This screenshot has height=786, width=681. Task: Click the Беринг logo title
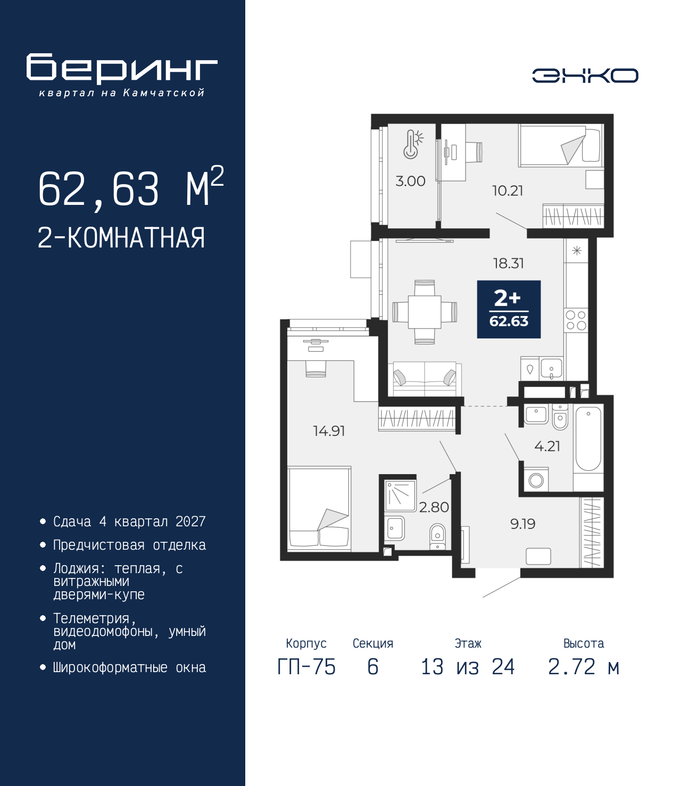[x=122, y=69]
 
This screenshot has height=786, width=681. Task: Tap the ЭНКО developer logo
[x=585, y=75]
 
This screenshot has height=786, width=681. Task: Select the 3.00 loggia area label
[x=410, y=181]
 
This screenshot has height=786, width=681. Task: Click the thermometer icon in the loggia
[x=413, y=144]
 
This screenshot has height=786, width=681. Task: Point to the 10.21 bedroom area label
[x=508, y=191]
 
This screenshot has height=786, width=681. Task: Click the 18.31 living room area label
[x=509, y=263]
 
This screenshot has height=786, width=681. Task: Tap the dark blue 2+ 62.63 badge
[x=509, y=309]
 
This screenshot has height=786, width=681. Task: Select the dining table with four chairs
[x=425, y=312]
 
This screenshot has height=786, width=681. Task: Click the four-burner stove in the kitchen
[x=576, y=320]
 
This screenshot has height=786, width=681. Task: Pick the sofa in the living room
[x=425, y=379]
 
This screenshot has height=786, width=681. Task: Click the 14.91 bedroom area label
[x=329, y=431]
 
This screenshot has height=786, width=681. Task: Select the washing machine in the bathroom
[x=536, y=479]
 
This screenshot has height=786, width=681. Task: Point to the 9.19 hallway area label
[x=523, y=524]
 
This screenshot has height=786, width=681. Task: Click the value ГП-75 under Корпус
[x=306, y=667]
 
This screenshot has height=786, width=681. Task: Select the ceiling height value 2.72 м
[x=584, y=667]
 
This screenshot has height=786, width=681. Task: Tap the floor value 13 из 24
[x=468, y=667]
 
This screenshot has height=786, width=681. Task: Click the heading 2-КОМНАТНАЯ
[x=121, y=238]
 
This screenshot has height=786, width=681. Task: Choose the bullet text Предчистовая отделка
[x=129, y=545]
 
